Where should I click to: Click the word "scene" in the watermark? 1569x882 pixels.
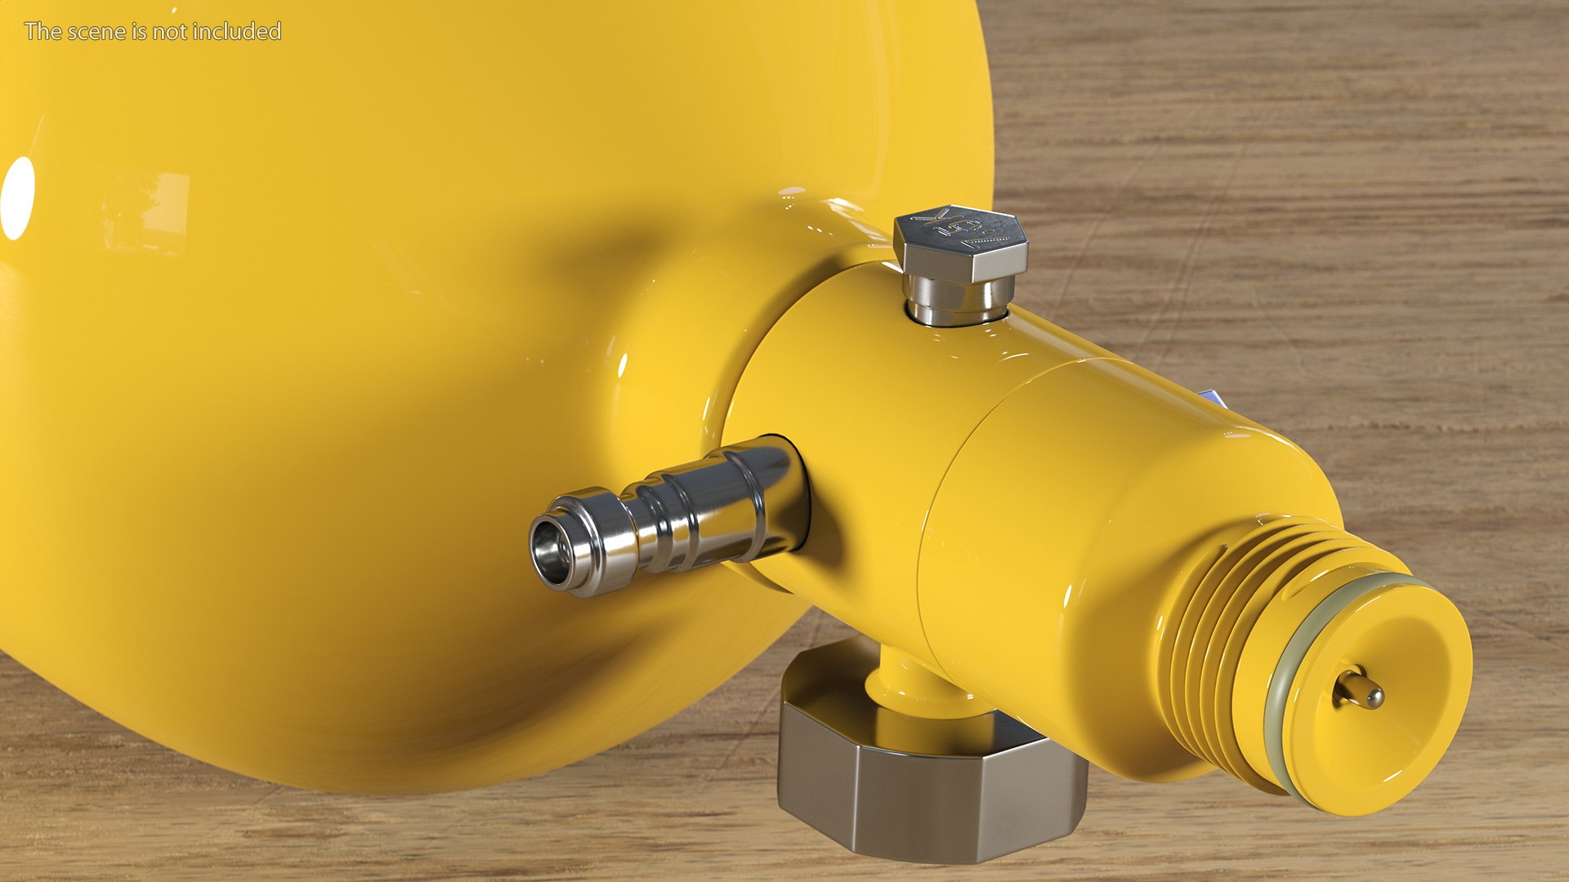(x=101, y=32)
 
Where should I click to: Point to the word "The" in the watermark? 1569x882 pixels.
(x=42, y=32)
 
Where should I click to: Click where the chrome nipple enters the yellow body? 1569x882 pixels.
(x=789, y=490)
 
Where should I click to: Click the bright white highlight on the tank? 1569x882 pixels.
(x=18, y=198)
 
